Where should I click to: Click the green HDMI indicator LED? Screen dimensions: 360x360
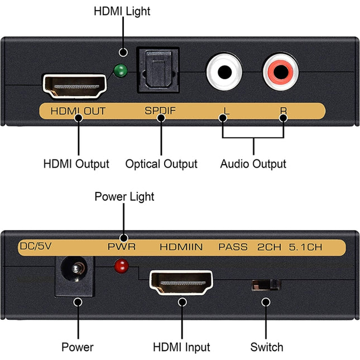[x=119, y=71]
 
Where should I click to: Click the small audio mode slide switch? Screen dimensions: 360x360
[x=266, y=285]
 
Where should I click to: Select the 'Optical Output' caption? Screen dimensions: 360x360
[x=161, y=164]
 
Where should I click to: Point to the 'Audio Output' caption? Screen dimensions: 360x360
[x=253, y=164]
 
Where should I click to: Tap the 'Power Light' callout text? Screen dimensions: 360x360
[x=124, y=196]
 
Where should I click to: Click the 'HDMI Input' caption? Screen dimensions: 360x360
[x=181, y=347]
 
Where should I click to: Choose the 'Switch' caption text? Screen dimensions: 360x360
[x=266, y=347]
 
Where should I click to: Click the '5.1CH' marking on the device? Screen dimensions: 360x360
[x=306, y=246]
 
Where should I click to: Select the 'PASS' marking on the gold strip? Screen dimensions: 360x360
[x=233, y=246]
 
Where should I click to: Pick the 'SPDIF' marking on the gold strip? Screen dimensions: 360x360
[x=160, y=110]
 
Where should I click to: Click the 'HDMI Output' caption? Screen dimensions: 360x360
[x=76, y=164]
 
